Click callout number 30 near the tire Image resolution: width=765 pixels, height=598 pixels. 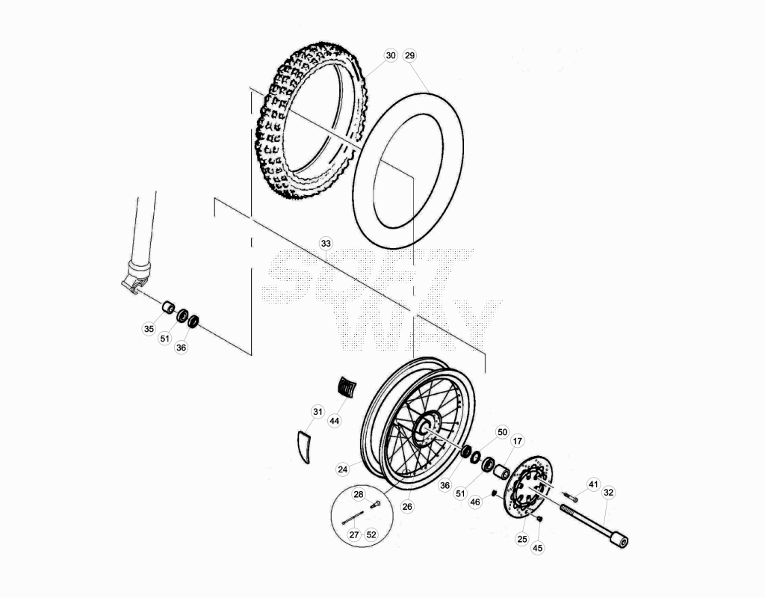pyautogui.click(x=391, y=55)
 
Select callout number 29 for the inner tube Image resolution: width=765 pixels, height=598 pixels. pyautogui.click(x=410, y=55)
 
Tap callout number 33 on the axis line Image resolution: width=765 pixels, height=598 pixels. pyautogui.click(x=326, y=244)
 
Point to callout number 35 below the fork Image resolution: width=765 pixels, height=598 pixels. pyautogui.click(x=149, y=329)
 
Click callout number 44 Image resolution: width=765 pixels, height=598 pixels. pyautogui.click(x=334, y=421)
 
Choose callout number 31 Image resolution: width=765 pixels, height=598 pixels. pyautogui.click(x=318, y=412)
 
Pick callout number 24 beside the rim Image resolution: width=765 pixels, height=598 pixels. pyautogui.click(x=343, y=469)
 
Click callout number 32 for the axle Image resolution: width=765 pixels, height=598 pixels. pyautogui.click(x=608, y=493)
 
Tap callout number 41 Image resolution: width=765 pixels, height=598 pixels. pyautogui.click(x=592, y=484)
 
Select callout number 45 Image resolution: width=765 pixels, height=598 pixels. pyautogui.click(x=537, y=548)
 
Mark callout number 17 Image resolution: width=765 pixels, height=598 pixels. pyautogui.click(x=517, y=441)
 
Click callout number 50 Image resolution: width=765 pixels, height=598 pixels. pyautogui.click(x=502, y=432)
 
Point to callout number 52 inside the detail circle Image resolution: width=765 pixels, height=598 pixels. pyautogui.click(x=371, y=534)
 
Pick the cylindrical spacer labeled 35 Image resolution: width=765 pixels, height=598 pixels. pyautogui.click(x=168, y=308)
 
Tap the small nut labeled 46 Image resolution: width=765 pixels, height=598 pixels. pyautogui.click(x=494, y=493)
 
